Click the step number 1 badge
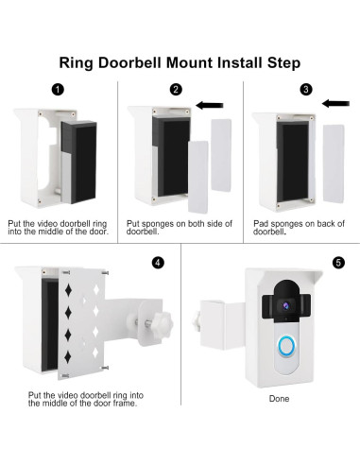(58, 90)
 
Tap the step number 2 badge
(176, 90)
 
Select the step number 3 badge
(305, 89)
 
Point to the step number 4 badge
(158, 263)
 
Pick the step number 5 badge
(338, 263)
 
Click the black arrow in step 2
(210, 105)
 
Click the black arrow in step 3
(335, 103)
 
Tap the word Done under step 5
(279, 399)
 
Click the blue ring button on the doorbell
(286, 348)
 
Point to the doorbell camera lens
(285, 305)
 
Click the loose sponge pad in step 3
(334, 164)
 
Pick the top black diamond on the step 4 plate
(68, 290)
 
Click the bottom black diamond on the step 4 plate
(68, 356)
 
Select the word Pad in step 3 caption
(261, 224)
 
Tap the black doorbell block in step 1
(78, 162)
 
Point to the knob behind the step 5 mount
(196, 321)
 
